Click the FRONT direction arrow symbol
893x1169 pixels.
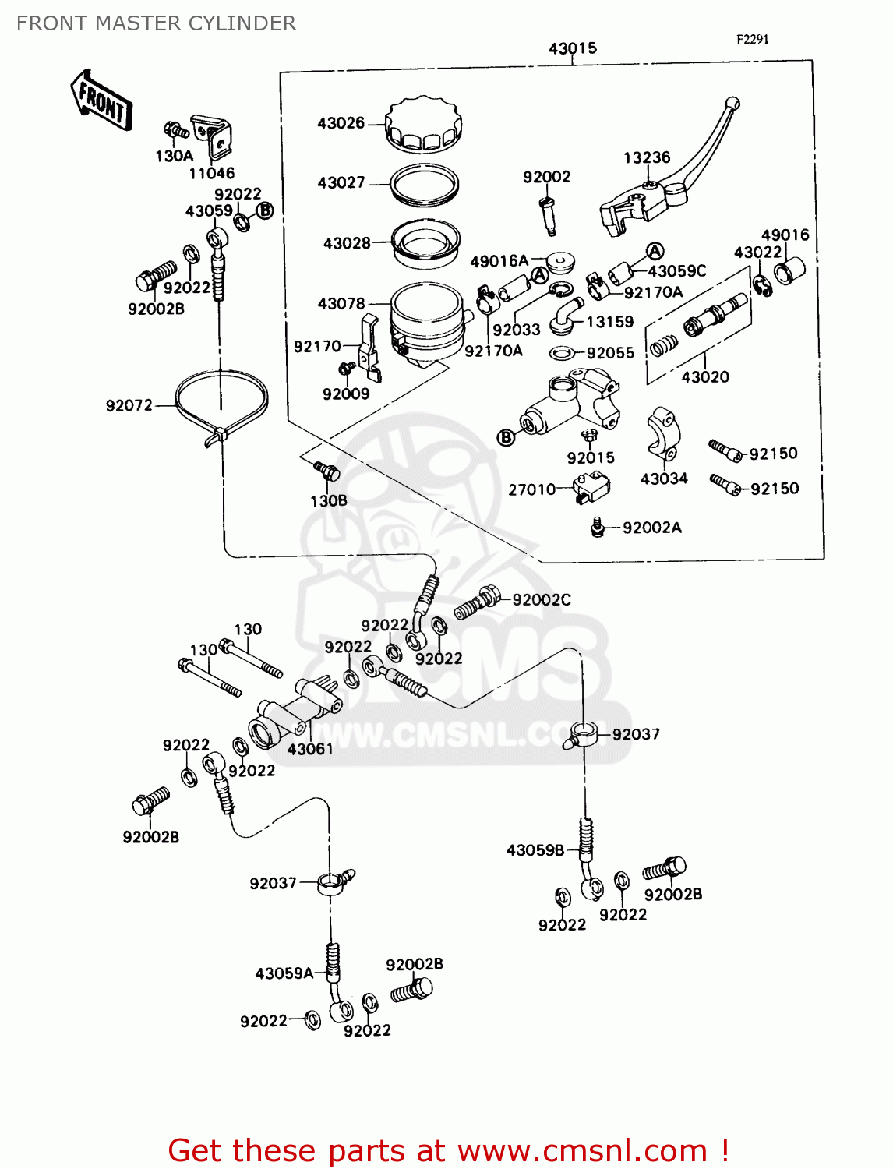[x=102, y=101]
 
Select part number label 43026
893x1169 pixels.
[x=341, y=123]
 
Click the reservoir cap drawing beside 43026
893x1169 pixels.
[x=424, y=125]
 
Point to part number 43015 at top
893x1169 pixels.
[x=572, y=48]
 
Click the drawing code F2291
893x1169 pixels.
[x=752, y=39]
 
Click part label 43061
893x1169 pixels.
[x=310, y=749]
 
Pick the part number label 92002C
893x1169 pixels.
[x=542, y=599]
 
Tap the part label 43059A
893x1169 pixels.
[x=284, y=973]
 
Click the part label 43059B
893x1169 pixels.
[x=535, y=850]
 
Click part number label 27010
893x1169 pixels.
[x=532, y=489]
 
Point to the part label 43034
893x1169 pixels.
[x=664, y=479]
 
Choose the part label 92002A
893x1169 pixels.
[x=651, y=528]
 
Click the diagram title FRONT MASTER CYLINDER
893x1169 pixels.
[x=157, y=23]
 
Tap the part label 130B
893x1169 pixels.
[x=329, y=500]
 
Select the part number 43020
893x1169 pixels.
[x=705, y=377]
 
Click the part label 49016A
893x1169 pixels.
[x=499, y=261]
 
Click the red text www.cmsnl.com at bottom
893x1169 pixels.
[x=582, y=1150]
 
